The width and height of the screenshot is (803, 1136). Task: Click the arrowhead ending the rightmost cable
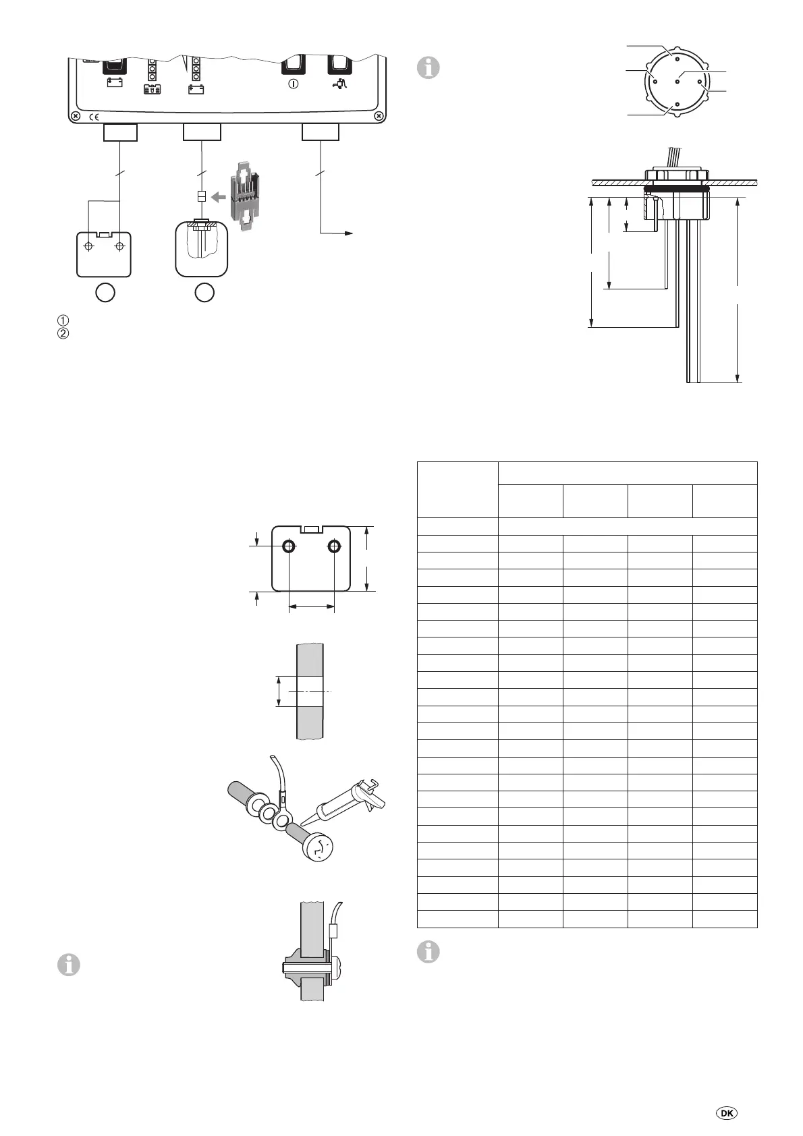(349, 233)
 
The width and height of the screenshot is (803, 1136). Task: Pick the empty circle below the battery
(105, 292)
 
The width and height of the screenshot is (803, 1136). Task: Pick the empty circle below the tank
(204, 292)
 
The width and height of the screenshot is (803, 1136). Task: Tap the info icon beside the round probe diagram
(428, 67)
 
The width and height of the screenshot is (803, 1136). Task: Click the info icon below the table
(428, 952)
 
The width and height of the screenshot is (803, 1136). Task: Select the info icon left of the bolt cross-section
(69, 965)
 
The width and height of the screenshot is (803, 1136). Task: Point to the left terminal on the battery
(87, 246)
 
